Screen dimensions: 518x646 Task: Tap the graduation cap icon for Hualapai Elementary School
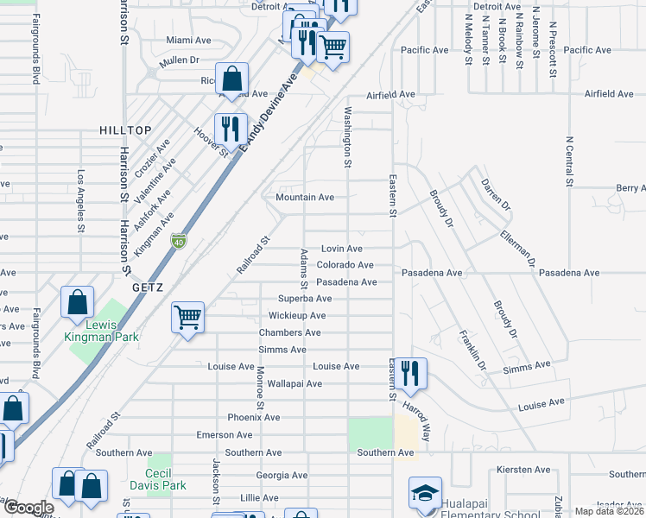[x=424, y=493]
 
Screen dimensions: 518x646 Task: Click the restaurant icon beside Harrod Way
[x=410, y=373]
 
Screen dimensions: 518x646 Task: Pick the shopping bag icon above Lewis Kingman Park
[x=78, y=303]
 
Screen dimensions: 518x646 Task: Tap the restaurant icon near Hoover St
[x=231, y=129]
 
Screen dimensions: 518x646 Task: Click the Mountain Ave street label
[x=305, y=197]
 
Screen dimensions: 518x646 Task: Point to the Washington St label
[x=348, y=137]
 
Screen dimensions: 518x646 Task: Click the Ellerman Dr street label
[x=519, y=249]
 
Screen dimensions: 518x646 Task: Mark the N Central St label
[x=569, y=161]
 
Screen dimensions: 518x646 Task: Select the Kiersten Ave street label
[x=524, y=471]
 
